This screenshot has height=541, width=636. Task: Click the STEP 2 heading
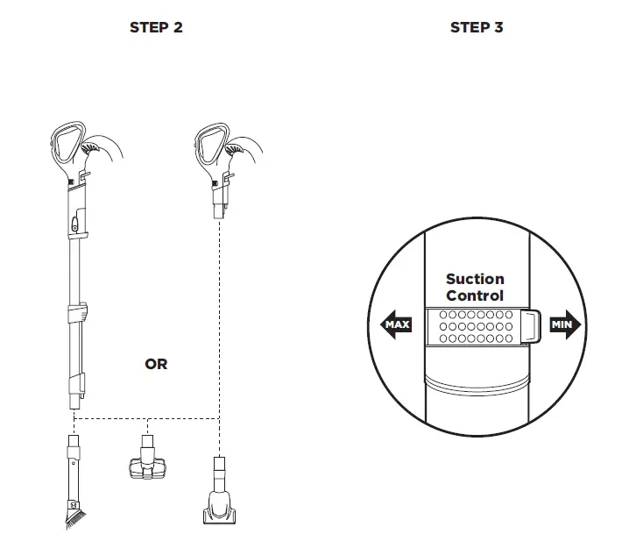pyautogui.click(x=156, y=27)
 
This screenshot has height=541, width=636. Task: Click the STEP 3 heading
pyautogui.click(x=476, y=27)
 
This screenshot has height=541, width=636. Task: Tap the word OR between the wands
pyautogui.click(x=156, y=363)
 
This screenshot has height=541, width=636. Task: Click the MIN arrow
pyautogui.click(x=564, y=325)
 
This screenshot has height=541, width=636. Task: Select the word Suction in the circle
pyautogui.click(x=475, y=280)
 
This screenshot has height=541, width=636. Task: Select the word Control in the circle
pyautogui.click(x=475, y=296)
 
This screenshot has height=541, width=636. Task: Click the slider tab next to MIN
pyautogui.click(x=530, y=325)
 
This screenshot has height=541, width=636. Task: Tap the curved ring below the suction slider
pyautogui.click(x=476, y=383)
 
